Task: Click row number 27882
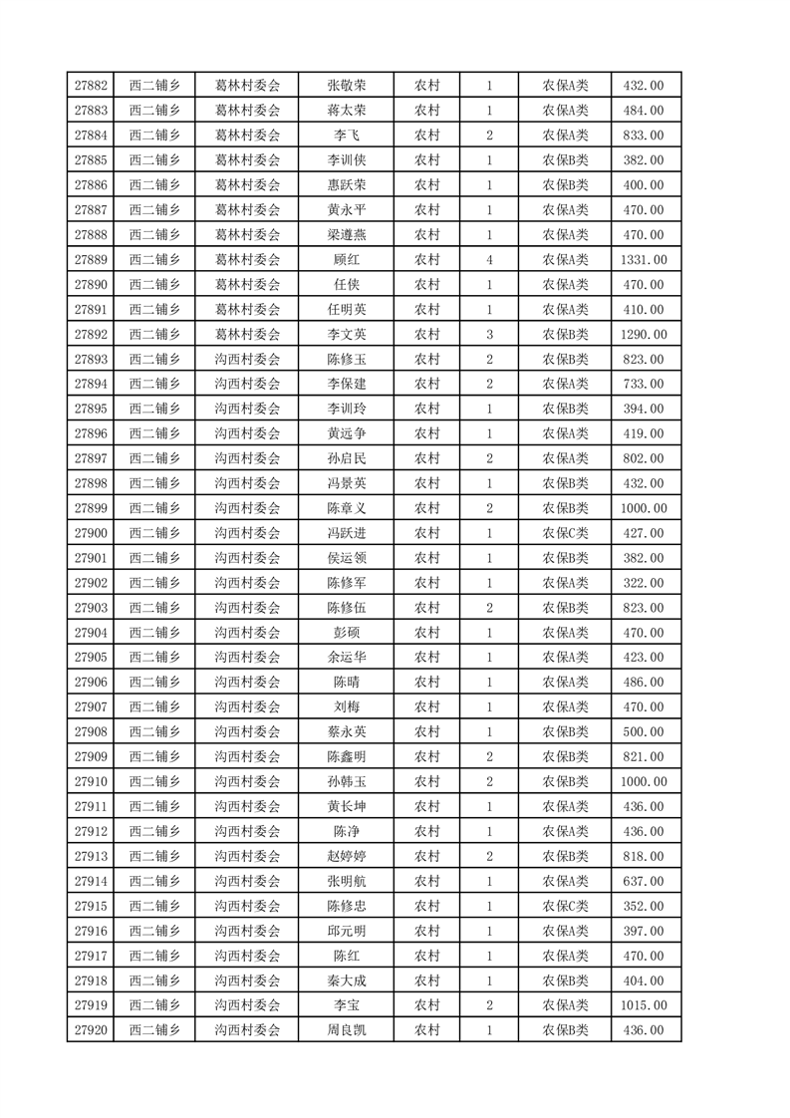[x=91, y=86]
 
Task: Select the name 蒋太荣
[x=346, y=111]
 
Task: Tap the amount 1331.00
[x=643, y=260]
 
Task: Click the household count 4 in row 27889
[x=489, y=260]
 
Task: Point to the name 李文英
[x=346, y=335]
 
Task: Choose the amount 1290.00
[x=643, y=335]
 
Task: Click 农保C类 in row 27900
[x=565, y=533]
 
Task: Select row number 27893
[x=91, y=360]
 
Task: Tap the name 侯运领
[x=346, y=558]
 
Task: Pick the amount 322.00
[x=643, y=583]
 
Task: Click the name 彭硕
[x=346, y=633]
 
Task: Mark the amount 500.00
[x=643, y=732]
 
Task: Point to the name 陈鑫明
[x=346, y=757]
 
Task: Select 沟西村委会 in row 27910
[x=248, y=782]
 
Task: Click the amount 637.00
[x=643, y=881]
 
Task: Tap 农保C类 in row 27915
[x=565, y=906]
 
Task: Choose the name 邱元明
[x=346, y=931]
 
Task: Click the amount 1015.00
[x=643, y=1005]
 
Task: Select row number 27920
[x=91, y=1030]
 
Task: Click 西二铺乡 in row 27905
[x=154, y=658]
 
